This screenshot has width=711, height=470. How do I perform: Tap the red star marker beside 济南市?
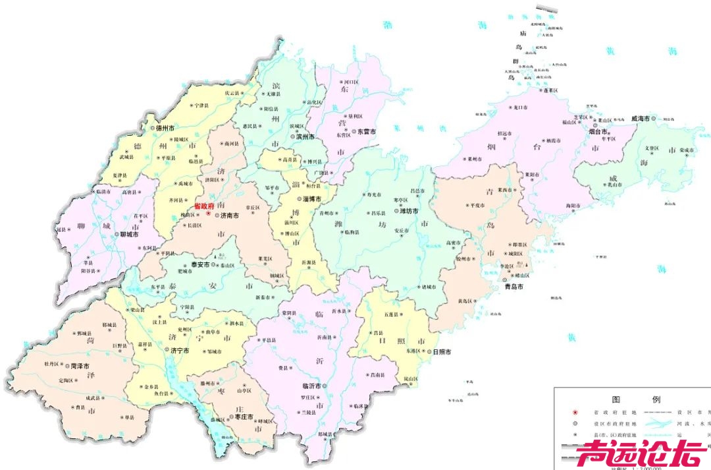point(208,214)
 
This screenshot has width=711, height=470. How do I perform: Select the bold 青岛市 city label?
point(513,287)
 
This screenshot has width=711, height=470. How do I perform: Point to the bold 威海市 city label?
point(640,119)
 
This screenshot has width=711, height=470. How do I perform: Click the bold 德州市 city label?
point(165,128)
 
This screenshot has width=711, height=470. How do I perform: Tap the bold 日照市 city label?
point(441,352)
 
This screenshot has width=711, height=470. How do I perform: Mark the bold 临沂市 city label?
point(311,386)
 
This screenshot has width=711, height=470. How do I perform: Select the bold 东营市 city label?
point(367,132)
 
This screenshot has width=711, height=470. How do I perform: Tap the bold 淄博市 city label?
point(311,198)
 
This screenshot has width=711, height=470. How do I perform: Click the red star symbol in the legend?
point(574,412)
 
